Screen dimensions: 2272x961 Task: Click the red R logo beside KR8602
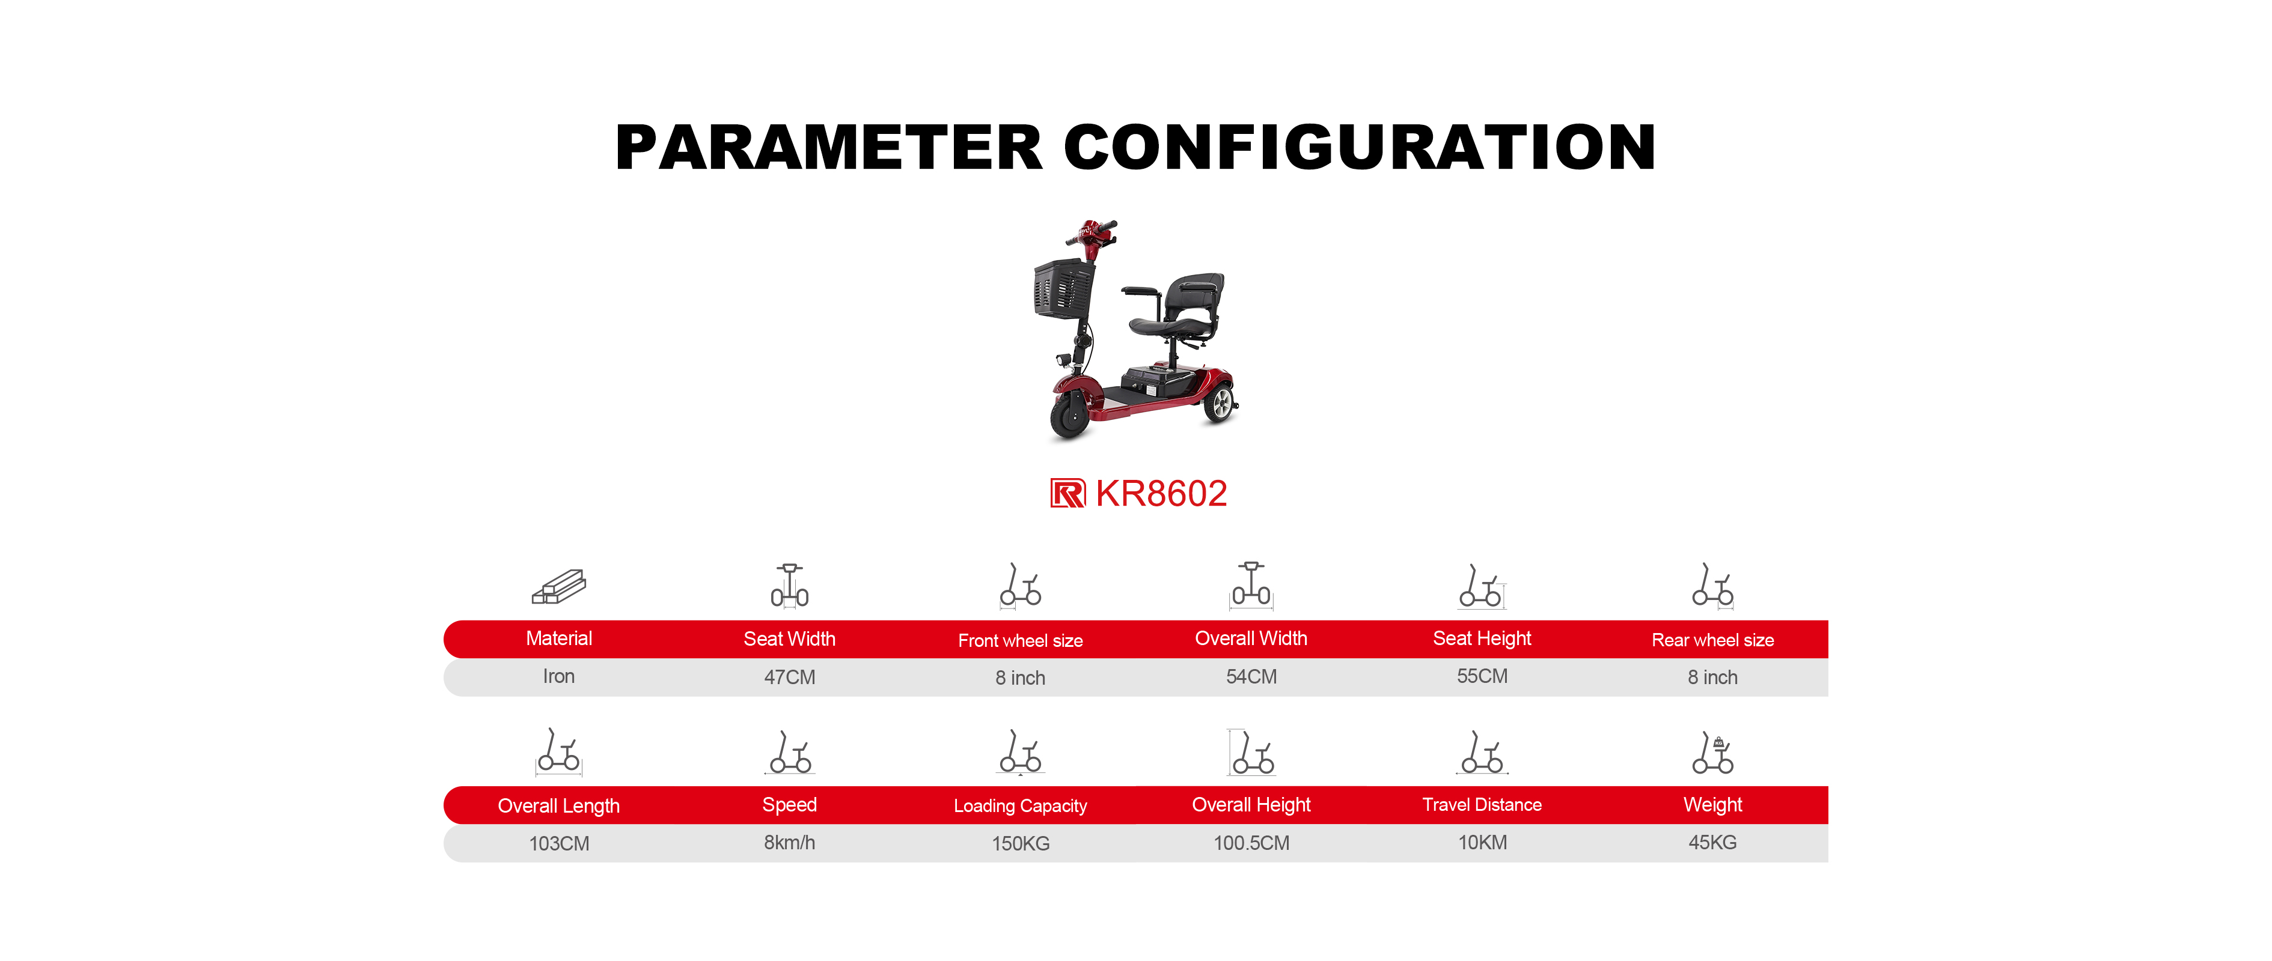point(1067,494)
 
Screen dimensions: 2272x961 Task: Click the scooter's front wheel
point(1070,413)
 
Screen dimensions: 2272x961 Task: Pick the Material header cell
point(559,638)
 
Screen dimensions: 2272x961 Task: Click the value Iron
point(559,676)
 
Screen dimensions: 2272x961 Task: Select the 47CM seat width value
point(789,677)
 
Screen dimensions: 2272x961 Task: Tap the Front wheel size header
point(1021,640)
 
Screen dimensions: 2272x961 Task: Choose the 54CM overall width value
point(1251,676)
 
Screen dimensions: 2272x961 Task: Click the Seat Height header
point(1482,638)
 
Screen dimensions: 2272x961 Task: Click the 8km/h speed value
point(789,843)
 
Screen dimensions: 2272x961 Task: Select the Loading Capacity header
point(1021,806)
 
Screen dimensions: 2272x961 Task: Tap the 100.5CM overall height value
point(1251,843)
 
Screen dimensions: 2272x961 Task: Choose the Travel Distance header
point(1482,805)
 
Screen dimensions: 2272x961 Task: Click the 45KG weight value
point(1713,842)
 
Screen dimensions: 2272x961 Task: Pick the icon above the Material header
point(559,586)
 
